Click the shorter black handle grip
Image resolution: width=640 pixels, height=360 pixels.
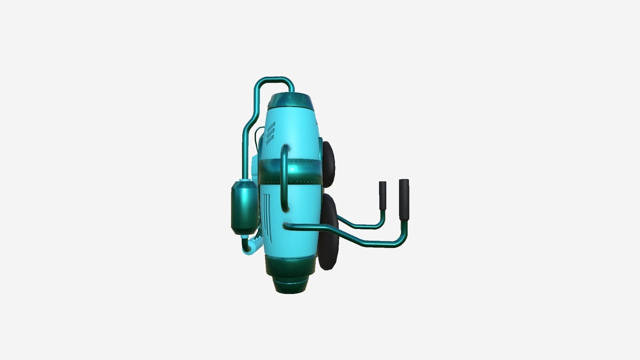[382, 195]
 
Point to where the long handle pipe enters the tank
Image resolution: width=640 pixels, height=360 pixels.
[287, 225]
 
